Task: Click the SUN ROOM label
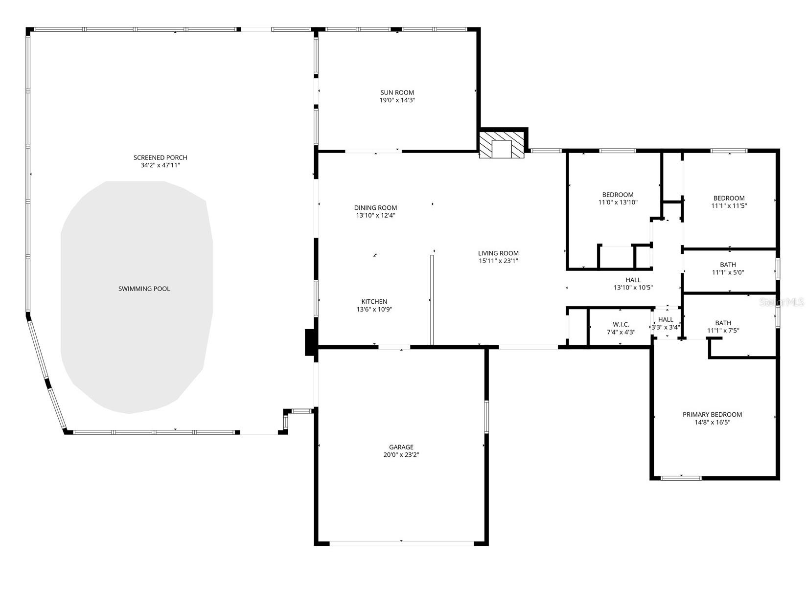[397, 92]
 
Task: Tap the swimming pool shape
[137, 293]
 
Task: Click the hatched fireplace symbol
[502, 145]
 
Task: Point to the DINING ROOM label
[375, 208]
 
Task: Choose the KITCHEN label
[374, 302]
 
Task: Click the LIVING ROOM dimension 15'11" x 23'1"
[498, 261]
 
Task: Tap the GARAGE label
[401, 447]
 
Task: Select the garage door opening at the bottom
[401, 542]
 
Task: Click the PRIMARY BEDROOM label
[712, 415]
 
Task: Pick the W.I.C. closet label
[621, 325]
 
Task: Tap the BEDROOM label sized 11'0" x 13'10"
[618, 195]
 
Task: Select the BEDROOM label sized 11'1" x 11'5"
[729, 198]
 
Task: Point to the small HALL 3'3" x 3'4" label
[666, 320]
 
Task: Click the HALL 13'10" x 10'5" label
[633, 280]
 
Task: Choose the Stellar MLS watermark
[781, 302]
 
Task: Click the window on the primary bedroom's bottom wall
[680, 477]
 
